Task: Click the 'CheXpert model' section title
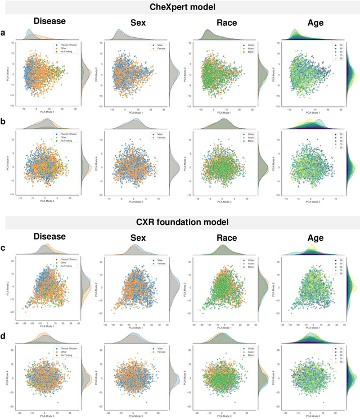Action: [x=179, y=7]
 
